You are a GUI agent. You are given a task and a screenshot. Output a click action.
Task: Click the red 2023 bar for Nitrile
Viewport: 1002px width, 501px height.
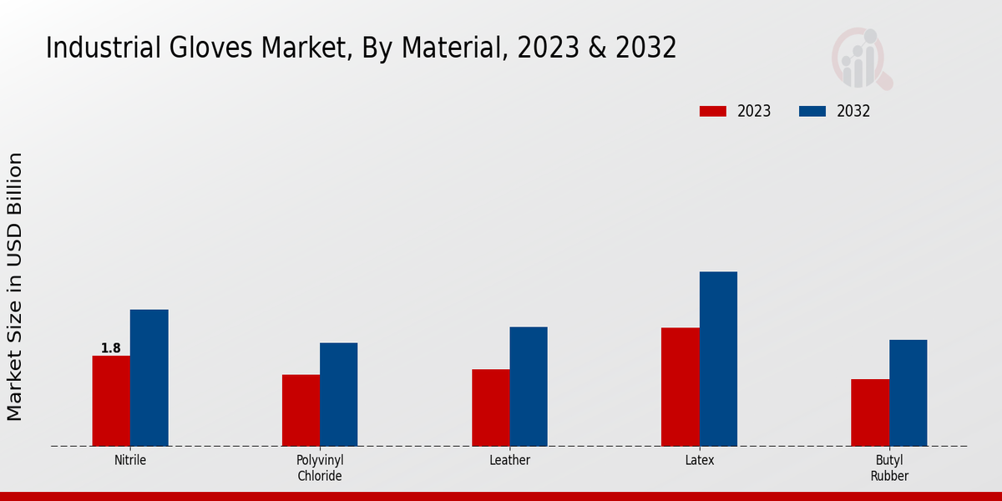(111, 401)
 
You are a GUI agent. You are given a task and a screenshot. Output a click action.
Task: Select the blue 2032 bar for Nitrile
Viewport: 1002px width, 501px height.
(149, 377)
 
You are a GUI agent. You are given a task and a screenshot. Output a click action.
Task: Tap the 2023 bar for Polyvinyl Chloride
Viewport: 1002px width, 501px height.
(301, 410)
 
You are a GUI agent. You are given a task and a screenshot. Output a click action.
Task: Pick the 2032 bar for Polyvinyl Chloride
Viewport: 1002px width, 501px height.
(338, 394)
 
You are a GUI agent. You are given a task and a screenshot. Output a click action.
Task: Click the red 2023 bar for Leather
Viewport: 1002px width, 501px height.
(490, 407)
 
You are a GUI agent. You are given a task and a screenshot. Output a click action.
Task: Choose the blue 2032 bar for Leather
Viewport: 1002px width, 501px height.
(529, 386)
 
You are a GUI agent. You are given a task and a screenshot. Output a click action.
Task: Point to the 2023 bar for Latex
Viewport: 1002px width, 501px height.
(680, 387)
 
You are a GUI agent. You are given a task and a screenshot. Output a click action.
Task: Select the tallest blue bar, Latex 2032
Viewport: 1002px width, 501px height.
(718, 358)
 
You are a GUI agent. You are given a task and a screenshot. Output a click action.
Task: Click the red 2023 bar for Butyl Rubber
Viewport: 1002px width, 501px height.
(870, 412)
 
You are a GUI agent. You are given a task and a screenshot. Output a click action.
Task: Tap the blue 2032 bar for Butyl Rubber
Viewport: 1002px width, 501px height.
(908, 392)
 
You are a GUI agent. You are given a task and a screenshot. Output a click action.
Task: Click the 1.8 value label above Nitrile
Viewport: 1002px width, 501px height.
(111, 348)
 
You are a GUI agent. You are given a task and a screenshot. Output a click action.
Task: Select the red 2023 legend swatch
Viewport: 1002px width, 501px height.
(713, 111)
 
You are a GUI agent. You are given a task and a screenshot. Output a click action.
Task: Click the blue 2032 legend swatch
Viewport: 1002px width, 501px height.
(812, 111)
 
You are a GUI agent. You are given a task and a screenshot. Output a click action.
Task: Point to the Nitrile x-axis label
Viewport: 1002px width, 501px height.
(130, 460)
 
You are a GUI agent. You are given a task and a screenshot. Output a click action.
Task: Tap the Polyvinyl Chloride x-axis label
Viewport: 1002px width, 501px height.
(320, 468)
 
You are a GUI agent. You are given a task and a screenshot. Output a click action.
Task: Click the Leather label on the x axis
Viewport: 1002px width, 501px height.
(509, 460)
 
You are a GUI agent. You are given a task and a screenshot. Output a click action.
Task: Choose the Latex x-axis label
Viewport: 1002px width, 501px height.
(699, 460)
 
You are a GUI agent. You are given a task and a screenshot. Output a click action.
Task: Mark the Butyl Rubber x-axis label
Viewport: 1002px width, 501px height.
(889, 468)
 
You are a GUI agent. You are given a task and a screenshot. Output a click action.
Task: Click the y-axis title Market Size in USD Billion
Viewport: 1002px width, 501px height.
(15, 286)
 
